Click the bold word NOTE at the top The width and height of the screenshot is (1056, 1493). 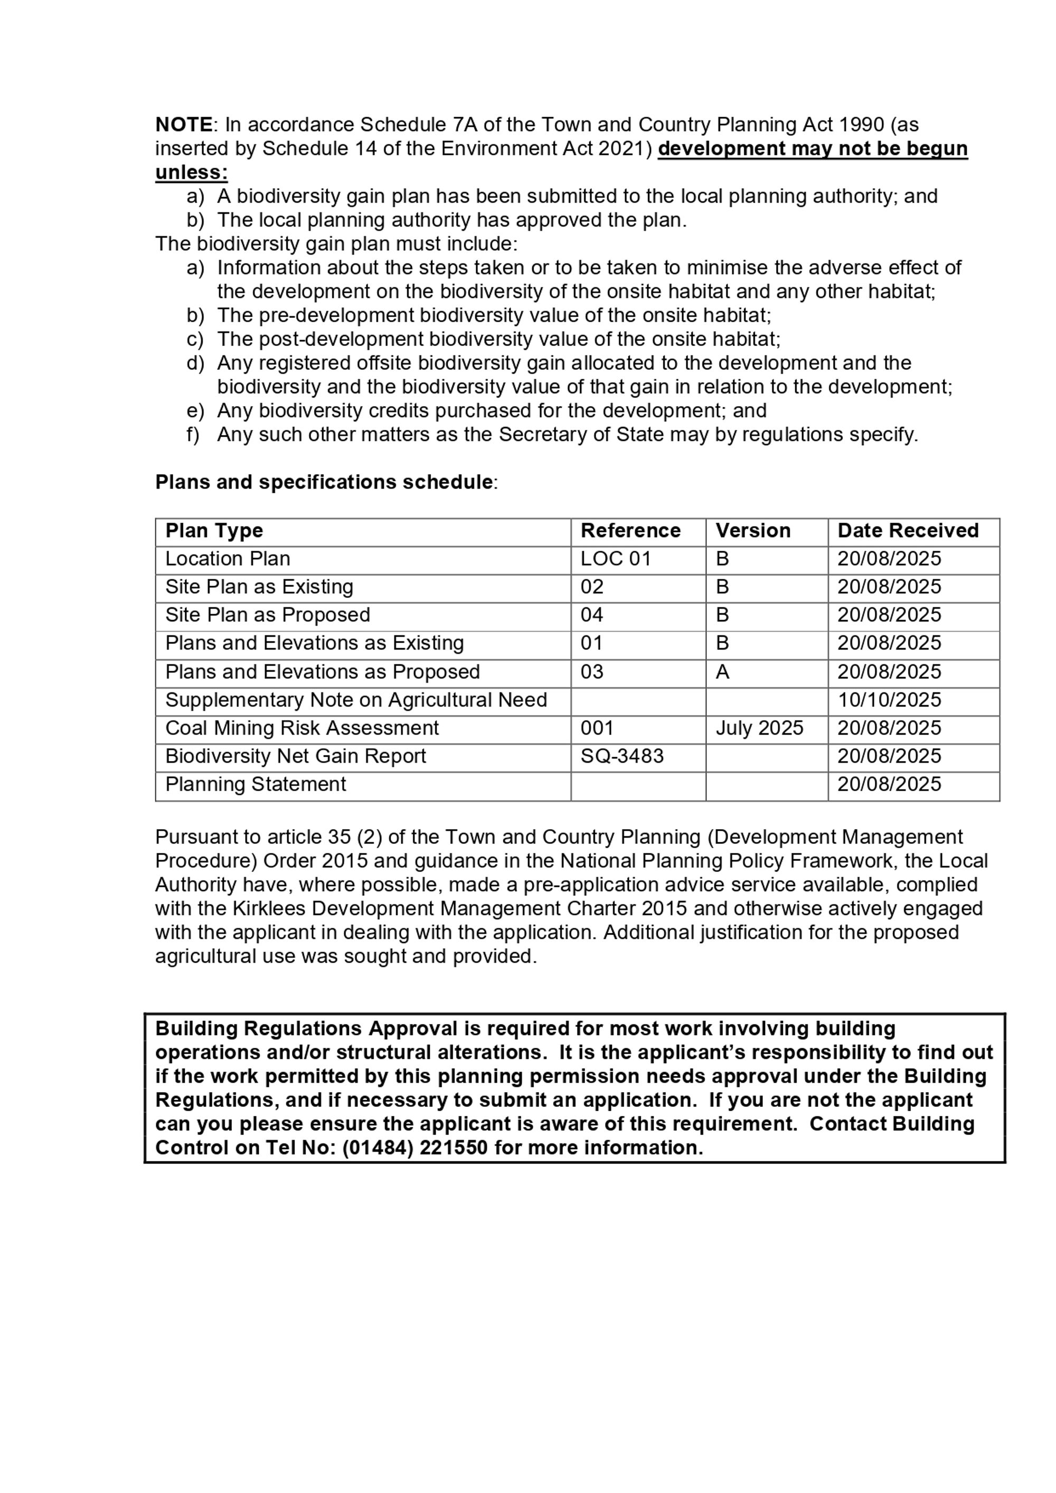pos(183,124)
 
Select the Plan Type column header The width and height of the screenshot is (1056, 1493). pos(214,531)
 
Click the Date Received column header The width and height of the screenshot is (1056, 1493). pos(908,531)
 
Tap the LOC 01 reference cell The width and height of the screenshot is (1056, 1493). pos(615,559)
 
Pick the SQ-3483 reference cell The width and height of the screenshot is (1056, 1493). pos(621,756)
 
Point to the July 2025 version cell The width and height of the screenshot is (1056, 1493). pos(759,728)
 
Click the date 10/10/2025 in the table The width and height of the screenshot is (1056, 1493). pos(889,700)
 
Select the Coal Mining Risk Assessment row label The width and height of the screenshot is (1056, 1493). pos(301,728)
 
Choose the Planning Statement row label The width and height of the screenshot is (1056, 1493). pos(256,784)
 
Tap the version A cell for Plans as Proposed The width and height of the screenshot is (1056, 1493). pos(722,672)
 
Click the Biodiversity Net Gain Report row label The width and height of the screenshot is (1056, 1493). pos(295,756)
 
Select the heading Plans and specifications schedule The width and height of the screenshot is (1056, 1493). pos(324,482)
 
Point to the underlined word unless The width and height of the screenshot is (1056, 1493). pos(191,172)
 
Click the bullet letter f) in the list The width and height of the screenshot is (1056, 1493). pos(193,434)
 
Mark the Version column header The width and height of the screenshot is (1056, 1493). pos(753,531)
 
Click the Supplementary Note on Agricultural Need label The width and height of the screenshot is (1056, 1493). pos(356,700)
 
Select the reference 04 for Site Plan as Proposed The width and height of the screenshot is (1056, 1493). pos(592,615)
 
